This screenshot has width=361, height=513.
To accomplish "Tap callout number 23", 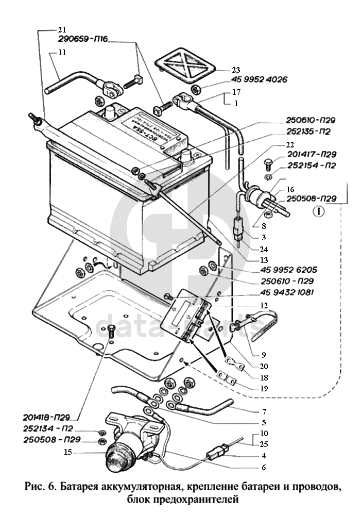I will click(x=236, y=70).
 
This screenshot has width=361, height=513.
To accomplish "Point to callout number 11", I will click(x=62, y=53).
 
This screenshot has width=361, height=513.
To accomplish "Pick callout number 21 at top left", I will click(x=62, y=29).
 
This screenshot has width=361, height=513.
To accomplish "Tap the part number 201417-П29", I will click(x=310, y=154).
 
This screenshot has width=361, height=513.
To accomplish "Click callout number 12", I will click(x=264, y=305).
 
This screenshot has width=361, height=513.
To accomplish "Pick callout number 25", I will click(x=264, y=444).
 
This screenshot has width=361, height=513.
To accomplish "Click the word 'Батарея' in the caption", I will click(x=83, y=486).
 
